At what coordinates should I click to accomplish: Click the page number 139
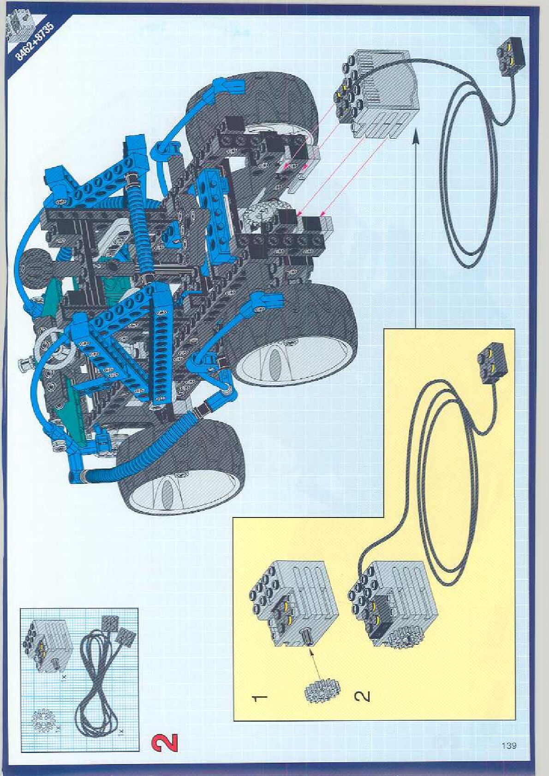pos(509,746)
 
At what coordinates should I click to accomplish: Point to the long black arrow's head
pos(415,135)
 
